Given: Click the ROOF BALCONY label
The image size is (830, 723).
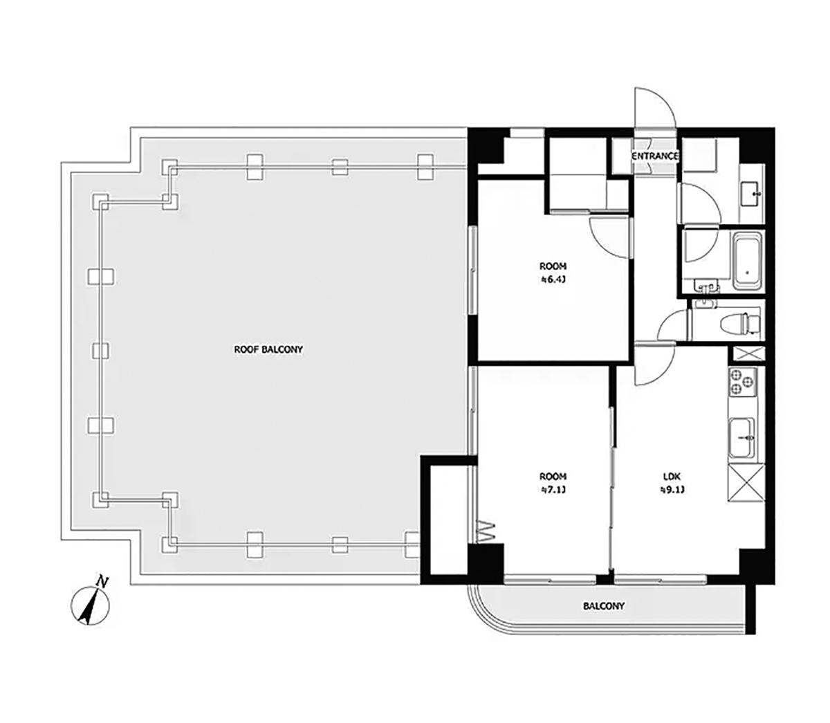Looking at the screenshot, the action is (x=268, y=349).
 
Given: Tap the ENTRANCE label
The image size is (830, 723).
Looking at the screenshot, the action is (x=655, y=156).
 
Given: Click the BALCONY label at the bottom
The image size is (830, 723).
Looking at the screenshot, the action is (x=604, y=606).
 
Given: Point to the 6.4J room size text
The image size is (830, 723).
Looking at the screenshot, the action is (x=553, y=280).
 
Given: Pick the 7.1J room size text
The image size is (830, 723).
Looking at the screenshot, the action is (x=553, y=490).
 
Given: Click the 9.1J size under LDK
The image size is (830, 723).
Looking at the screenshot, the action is (x=672, y=490).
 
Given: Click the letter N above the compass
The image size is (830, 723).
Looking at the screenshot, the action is (x=102, y=582).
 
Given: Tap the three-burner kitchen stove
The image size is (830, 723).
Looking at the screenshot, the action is (x=743, y=382).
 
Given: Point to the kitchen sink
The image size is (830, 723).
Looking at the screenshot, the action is (x=742, y=439).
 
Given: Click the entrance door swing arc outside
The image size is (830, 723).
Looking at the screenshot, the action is (x=655, y=107).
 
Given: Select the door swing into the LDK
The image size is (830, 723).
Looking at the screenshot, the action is (x=655, y=364).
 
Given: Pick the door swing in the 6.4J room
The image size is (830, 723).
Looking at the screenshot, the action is (x=611, y=237).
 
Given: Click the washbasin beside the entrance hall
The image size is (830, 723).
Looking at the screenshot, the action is (x=751, y=194).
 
